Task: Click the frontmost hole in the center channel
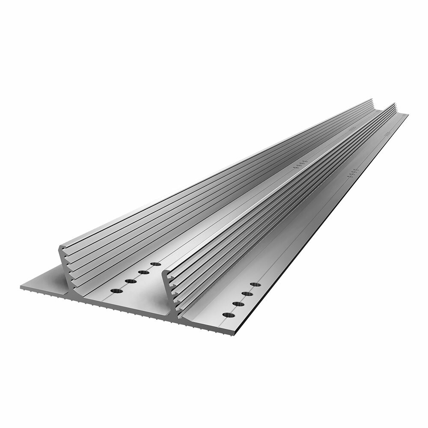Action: (116, 291)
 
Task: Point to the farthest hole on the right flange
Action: (256, 284)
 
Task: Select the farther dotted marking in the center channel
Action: (352, 128)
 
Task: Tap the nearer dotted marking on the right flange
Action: (354, 172)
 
